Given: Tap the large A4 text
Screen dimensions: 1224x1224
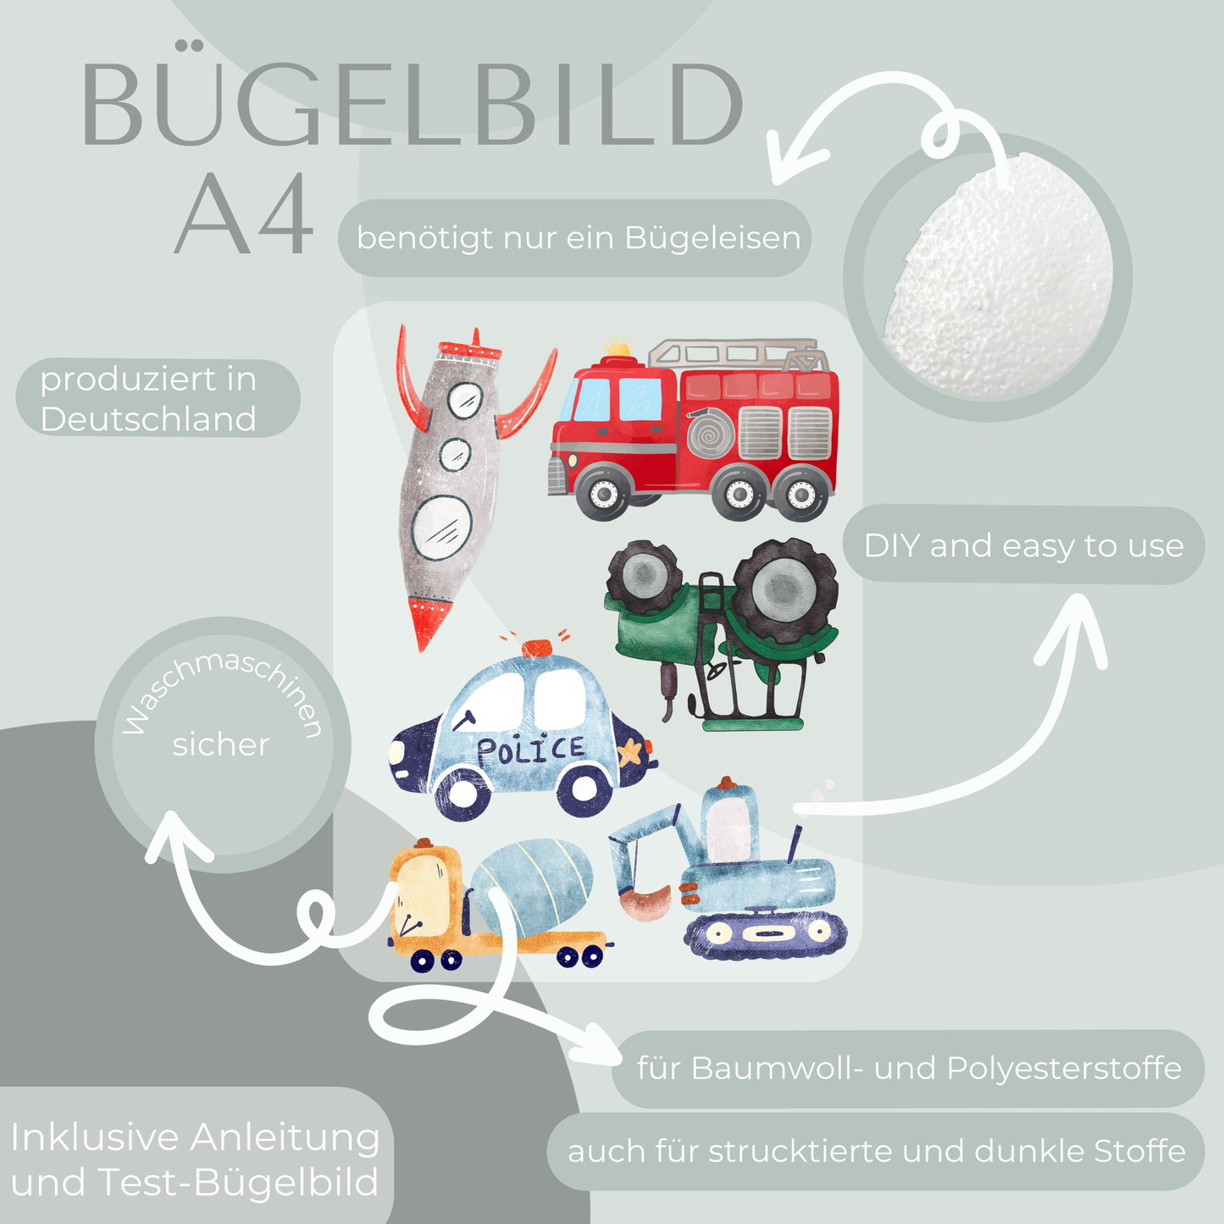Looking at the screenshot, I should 244,215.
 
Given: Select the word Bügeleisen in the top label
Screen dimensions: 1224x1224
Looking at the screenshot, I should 712,238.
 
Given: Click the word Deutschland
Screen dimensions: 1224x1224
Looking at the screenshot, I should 148,419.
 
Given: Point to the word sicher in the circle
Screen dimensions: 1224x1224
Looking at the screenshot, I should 220,745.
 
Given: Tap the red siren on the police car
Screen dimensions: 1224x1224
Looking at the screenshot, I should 536,648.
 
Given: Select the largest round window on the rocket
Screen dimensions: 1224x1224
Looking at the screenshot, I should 441,525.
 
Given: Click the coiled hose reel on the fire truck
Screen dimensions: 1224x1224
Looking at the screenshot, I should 711,433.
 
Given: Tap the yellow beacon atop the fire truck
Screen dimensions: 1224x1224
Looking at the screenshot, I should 618,347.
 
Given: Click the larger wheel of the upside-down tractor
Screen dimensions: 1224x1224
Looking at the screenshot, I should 784,589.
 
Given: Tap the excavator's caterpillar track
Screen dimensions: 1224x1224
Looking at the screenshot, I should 767,933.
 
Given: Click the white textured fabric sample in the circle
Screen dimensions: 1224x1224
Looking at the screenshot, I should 1000,275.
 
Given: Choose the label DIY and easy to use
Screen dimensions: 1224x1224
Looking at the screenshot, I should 1023,546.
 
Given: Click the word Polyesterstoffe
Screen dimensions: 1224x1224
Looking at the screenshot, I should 1064,1068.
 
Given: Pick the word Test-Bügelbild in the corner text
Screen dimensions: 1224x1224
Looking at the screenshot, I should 238,1182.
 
